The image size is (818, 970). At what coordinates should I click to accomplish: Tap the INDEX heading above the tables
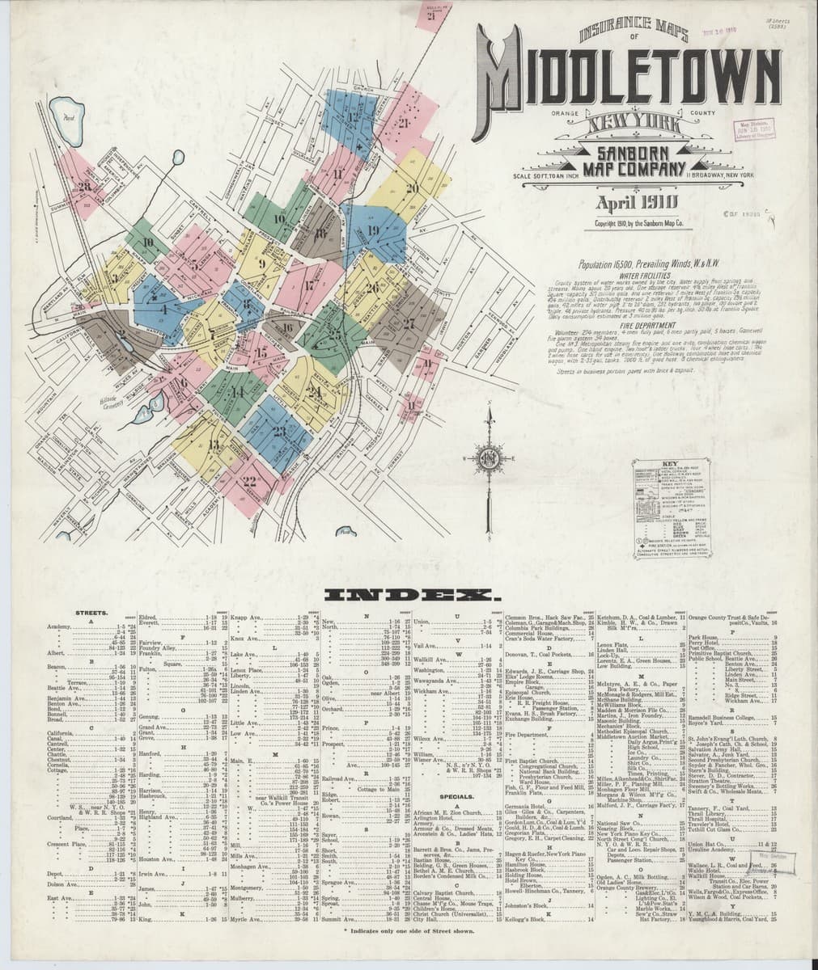point(409,597)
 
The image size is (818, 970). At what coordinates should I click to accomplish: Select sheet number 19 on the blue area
point(373,230)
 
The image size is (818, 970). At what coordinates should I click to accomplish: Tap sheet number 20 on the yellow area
point(411,188)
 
